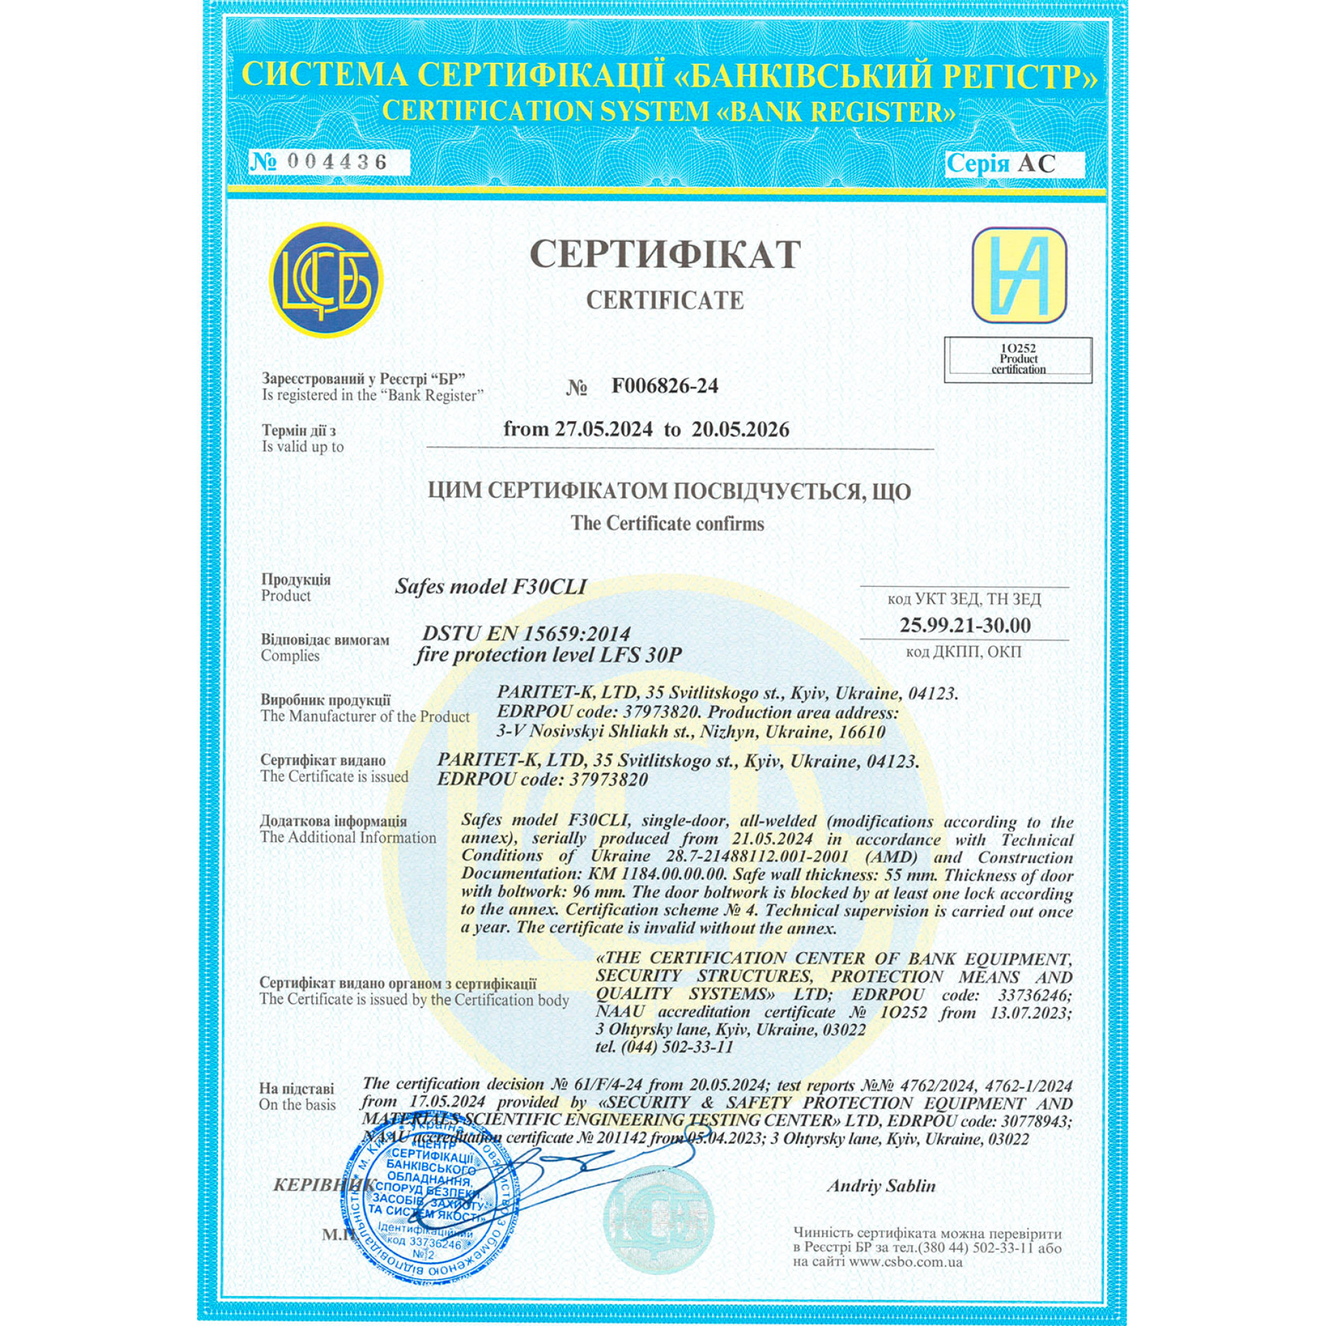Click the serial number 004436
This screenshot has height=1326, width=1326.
coord(337,162)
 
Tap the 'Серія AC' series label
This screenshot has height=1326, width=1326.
coord(1000,163)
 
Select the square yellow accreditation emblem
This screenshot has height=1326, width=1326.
coord(1019,275)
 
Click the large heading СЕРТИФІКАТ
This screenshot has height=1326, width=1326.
coord(664,255)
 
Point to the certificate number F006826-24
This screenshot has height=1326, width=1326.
coord(664,387)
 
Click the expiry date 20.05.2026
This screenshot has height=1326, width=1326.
coord(740,430)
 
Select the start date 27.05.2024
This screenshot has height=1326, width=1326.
coord(604,430)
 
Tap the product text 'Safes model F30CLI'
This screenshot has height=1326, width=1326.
coord(491,587)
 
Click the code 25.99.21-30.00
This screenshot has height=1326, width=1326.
coord(964,625)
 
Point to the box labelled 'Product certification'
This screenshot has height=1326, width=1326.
coord(1018,359)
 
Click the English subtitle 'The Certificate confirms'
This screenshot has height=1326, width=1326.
coord(667,524)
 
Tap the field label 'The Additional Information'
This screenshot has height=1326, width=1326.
coord(348,838)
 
